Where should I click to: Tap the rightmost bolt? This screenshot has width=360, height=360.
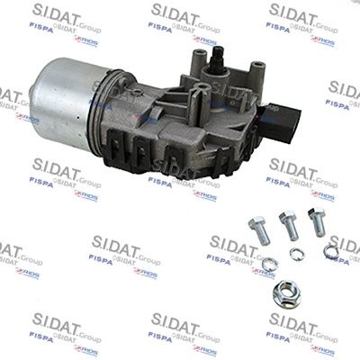316,221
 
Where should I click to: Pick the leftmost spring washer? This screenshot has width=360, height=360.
269,263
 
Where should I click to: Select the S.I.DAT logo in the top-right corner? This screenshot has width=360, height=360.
301,13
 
